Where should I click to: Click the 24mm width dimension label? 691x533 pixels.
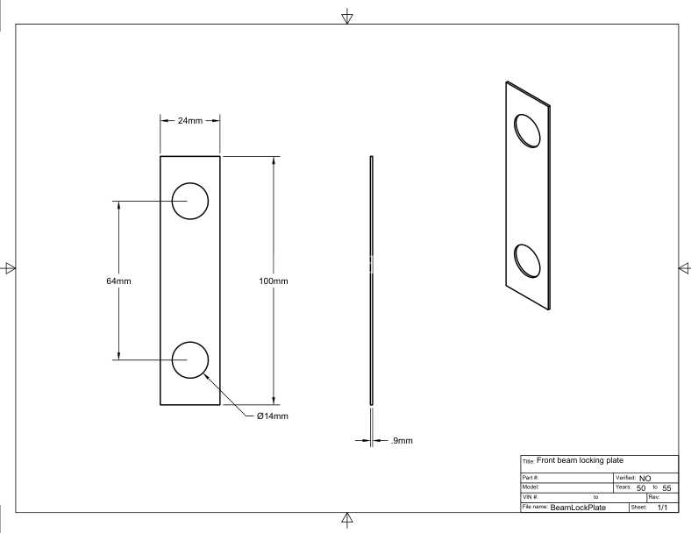tap(190, 120)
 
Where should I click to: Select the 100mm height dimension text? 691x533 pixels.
tap(274, 281)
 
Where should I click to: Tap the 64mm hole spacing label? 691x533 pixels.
tap(118, 281)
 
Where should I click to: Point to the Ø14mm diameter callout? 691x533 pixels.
tap(273, 416)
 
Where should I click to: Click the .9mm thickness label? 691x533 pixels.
tap(402, 440)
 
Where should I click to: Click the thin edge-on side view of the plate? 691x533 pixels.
tap(372, 281)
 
